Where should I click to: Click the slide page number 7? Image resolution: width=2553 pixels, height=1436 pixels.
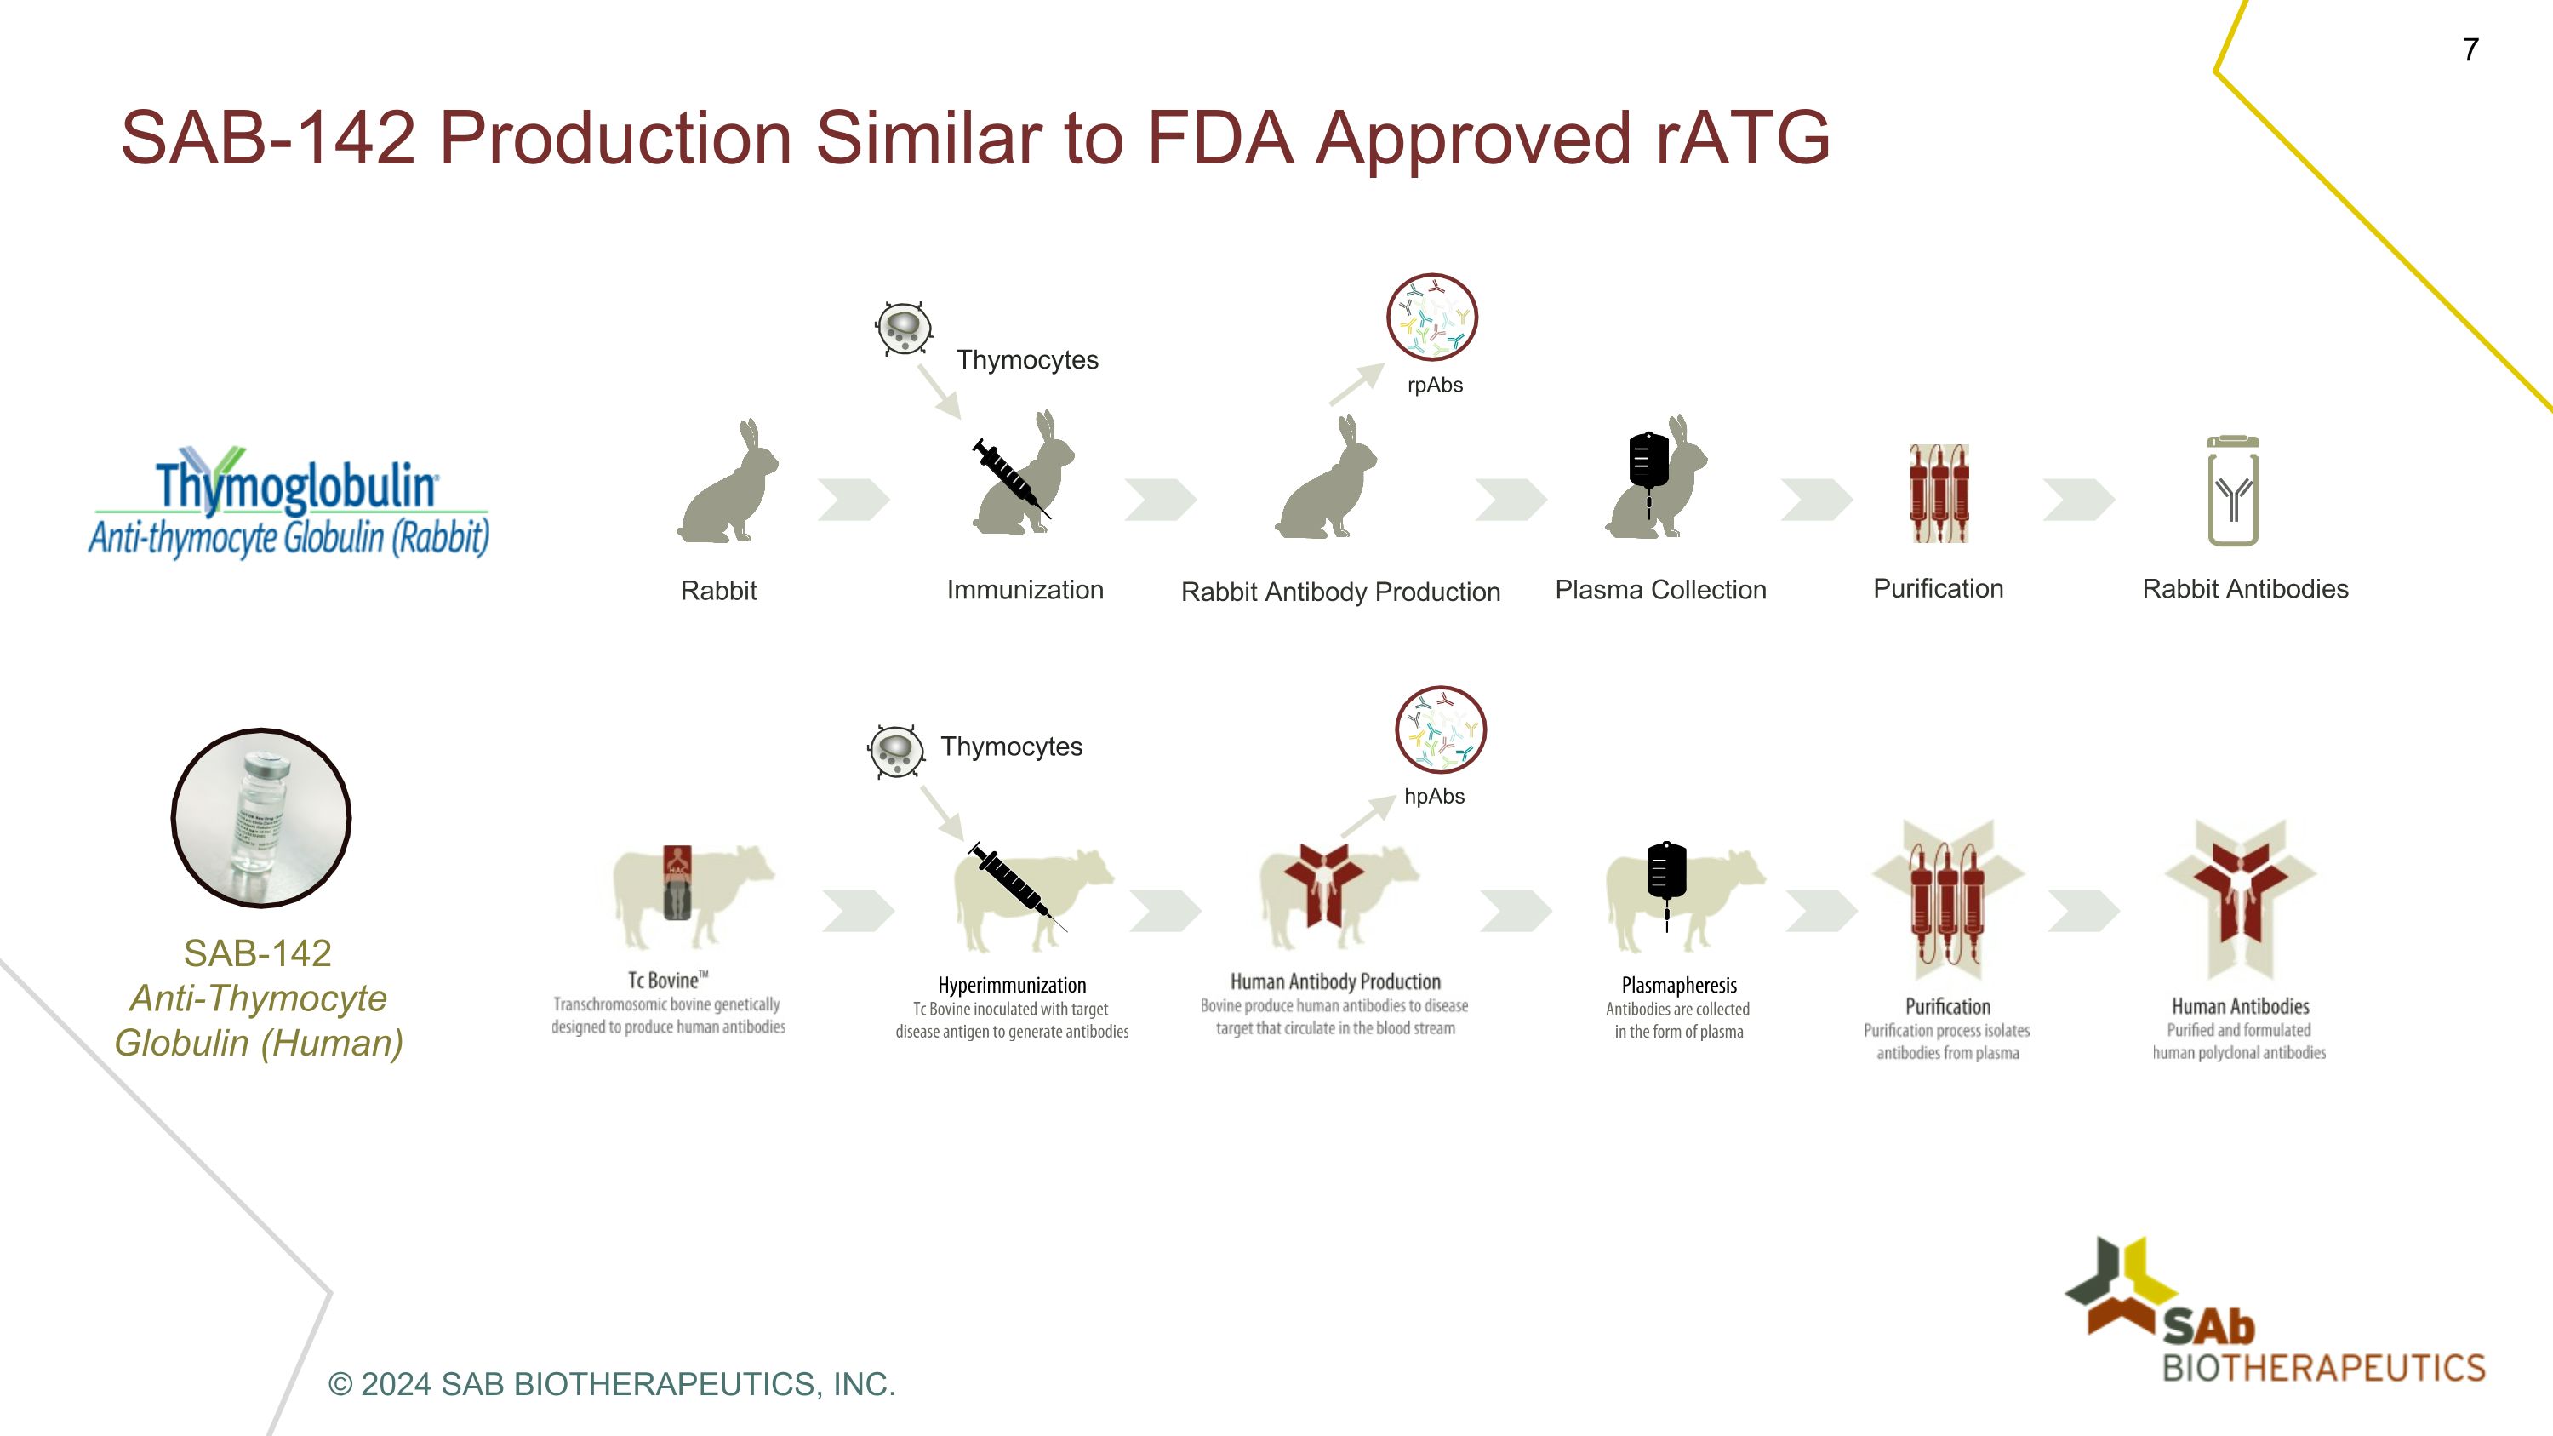pos(2470,49)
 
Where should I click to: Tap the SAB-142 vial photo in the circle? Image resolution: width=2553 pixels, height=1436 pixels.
pos(260,818)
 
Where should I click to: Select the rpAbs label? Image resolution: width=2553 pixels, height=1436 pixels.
pos(1435,385)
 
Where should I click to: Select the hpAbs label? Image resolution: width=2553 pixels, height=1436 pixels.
pos(1434,796)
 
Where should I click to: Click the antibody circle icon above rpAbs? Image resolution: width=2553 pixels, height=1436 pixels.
pos(1432,318)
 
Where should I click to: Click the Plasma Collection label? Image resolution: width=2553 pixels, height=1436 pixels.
pos(1660,590)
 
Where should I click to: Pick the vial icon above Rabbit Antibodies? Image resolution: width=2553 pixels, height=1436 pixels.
pos(2233,491)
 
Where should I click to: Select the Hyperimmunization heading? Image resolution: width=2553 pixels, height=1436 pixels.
pos(1012,985)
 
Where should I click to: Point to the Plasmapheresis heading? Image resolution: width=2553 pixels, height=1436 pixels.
pos(1679,985)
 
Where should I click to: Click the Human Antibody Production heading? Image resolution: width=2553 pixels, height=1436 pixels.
pos(1335,981)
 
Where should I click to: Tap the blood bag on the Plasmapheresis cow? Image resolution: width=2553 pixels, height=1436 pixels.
pos(1666,872)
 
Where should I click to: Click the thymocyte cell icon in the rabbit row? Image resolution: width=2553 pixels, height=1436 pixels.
pos(904,328)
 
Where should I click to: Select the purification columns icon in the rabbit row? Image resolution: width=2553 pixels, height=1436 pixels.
pos(1939,494)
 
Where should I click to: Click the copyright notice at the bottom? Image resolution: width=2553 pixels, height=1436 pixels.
pos(612,1383)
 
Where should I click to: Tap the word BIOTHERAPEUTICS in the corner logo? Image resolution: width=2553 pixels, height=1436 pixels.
pos(2323,1369)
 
